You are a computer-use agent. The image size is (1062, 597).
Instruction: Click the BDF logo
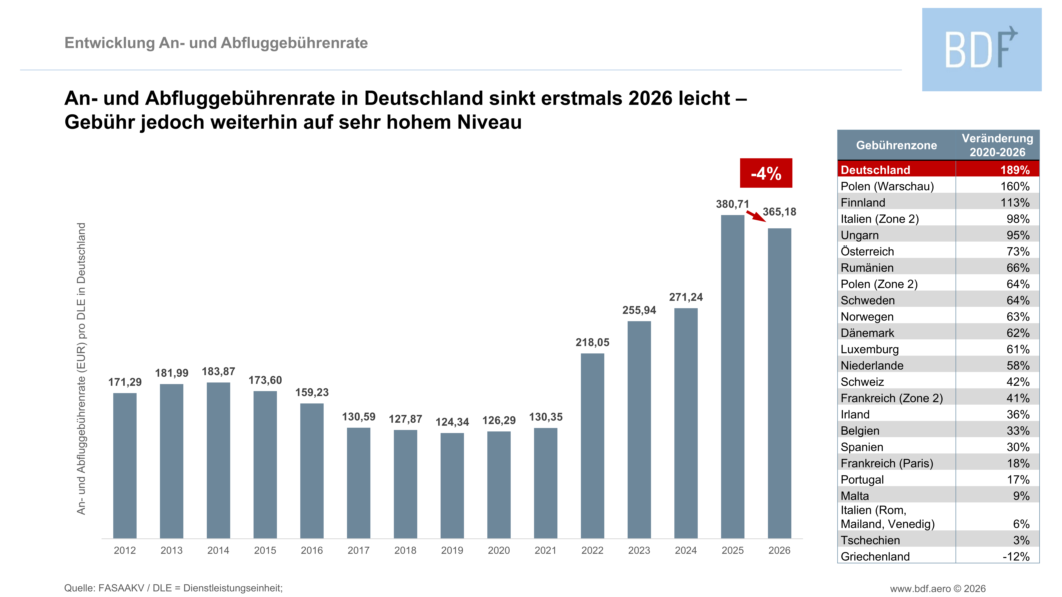coord(982,49)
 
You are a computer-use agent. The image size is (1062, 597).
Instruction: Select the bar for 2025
coord(733,377)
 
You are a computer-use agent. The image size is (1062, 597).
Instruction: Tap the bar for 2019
coord(452,486)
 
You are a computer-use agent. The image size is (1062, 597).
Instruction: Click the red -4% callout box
coord(766,173)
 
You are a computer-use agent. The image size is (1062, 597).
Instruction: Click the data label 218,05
coord(592,342)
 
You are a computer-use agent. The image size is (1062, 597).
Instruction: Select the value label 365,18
coord(779,212)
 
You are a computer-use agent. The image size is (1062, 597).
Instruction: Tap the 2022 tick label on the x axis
coord(592,550)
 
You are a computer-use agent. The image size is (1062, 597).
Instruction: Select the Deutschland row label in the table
coord(875,170)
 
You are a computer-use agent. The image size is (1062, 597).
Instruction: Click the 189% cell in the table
coord(1015,170)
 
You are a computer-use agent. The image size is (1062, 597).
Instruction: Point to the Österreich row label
coord(867,251)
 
